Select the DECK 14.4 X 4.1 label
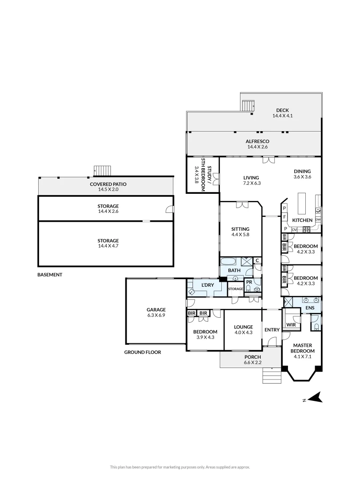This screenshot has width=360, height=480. (x=282, y=113)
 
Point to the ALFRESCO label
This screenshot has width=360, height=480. (x=257, y=144)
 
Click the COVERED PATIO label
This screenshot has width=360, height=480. (x=104, y=187)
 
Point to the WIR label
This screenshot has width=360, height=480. (x=291, y=325)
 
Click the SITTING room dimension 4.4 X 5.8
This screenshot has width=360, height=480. (x=240, y=235)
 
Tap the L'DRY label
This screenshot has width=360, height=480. (x=208, y=285)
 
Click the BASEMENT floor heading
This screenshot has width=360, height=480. (x=50, y=275)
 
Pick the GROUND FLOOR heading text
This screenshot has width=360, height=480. (x=143, y=352)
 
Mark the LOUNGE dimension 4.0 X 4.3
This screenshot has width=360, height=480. (x=243, y=332)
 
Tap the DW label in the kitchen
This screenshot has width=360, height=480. (x=318, y=220)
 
